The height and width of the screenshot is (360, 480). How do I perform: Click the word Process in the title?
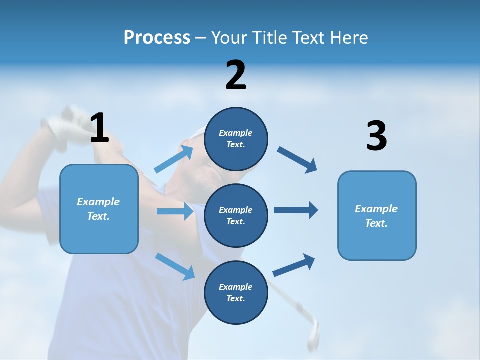[157, 38]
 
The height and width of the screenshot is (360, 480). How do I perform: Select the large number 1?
[99, 128]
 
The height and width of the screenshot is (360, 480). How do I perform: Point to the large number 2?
[236, 75]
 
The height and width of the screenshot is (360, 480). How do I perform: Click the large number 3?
[376, 136]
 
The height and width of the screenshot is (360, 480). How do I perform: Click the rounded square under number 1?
[99, 209]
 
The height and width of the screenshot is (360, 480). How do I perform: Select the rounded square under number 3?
[377, 216]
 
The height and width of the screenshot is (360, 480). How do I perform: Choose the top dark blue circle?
[236, 139]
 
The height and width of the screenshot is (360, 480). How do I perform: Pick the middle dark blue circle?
[236, 215]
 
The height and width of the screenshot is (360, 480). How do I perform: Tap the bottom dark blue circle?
[236, 292]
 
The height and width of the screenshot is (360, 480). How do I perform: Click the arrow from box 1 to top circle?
[174, 159]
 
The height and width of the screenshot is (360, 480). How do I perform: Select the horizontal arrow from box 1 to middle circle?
[175, 211]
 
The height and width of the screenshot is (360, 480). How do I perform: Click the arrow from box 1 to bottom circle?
[175, 266]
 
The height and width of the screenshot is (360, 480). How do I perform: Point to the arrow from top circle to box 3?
[297, 159]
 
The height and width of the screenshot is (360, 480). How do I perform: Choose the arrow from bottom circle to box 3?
[294, 265]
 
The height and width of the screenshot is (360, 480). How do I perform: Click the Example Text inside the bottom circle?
[236, 292]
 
